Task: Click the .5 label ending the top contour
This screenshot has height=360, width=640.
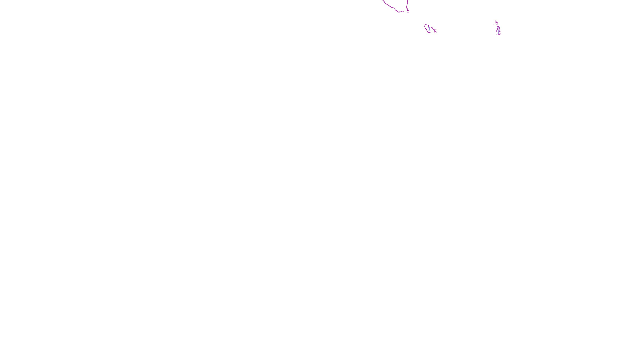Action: [x=408, y=11]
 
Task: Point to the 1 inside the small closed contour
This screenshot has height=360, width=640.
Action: [x=429, y=29]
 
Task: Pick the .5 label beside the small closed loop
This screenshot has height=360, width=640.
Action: [x=435, y=32]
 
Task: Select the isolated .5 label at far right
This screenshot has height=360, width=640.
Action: [x=496, y=23]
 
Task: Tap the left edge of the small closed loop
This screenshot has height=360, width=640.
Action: [x=425, y=27]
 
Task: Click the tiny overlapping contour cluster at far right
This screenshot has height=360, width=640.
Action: [x=498, y=30]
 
